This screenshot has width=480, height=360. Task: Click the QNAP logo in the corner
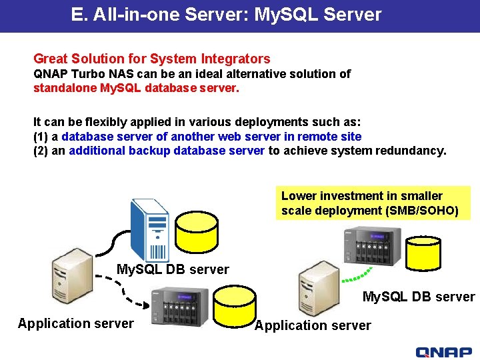443,352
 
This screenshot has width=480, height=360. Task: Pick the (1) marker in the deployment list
41,137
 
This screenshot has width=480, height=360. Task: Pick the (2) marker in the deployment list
41,151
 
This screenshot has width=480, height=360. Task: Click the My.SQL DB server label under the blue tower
173,270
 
